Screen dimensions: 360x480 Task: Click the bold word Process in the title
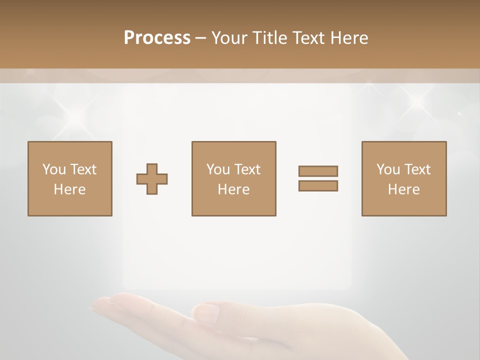157,38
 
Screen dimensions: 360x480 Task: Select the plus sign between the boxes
152,179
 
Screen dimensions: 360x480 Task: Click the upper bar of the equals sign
318,171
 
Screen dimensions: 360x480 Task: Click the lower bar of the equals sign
318,186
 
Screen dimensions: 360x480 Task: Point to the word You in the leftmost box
54,169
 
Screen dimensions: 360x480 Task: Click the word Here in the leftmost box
70,189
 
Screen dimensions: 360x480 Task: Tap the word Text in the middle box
247,169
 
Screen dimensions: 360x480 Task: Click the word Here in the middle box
234,189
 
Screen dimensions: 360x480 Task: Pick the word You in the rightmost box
388,169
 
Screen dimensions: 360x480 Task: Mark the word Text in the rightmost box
417,169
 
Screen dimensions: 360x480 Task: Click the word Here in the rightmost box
404,189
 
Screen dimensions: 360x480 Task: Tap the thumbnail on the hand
206,313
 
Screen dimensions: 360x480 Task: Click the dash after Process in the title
201,38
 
